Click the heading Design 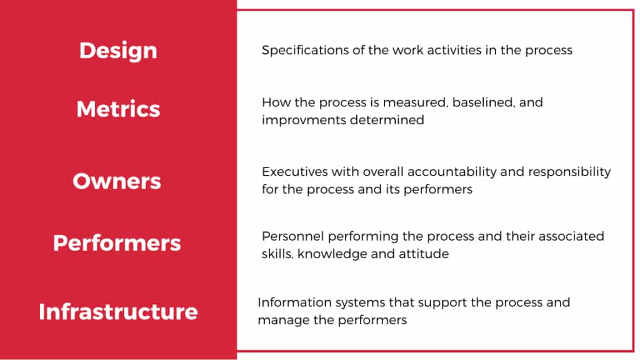tap(118, 51)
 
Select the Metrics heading tap(118, 109)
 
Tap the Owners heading tap(117, 181)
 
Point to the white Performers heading tap(117, 242)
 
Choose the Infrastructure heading tap(118, 311)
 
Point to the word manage tap(281, 320)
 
